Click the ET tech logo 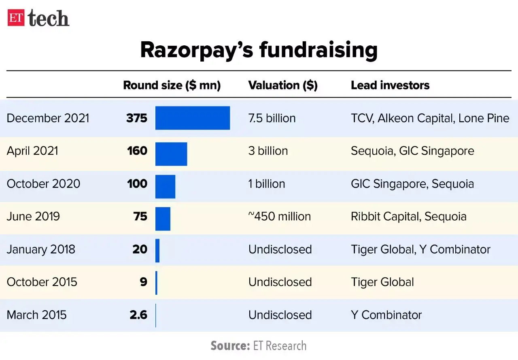click(x=38, y=18)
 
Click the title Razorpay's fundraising click(x=259, y=50)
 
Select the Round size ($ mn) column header click(x=172, y=85)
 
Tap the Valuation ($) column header click(x=283, y=85)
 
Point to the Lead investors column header click(x=390, y=85)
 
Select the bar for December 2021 click(x=193, y=118)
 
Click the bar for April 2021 click(x=171, y=154)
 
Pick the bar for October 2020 click(x=165, y=187)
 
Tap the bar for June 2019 click(x=163, y=219)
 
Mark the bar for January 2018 click(x=157, y=251)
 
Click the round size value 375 click(x=136, y=118)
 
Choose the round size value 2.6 click(x=138, y=315)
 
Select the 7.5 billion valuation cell click(x=272, y=118)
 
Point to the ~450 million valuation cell click(x=280, y=217)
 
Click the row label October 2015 click(x=42, y=282)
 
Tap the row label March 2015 click(x=36, y=315)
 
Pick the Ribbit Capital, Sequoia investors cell click(x=408, y=217)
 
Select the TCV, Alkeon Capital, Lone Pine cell click(x=430, y=118)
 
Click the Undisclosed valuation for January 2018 click(x=280, y=249)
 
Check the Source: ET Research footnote click(x=258, y=345)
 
